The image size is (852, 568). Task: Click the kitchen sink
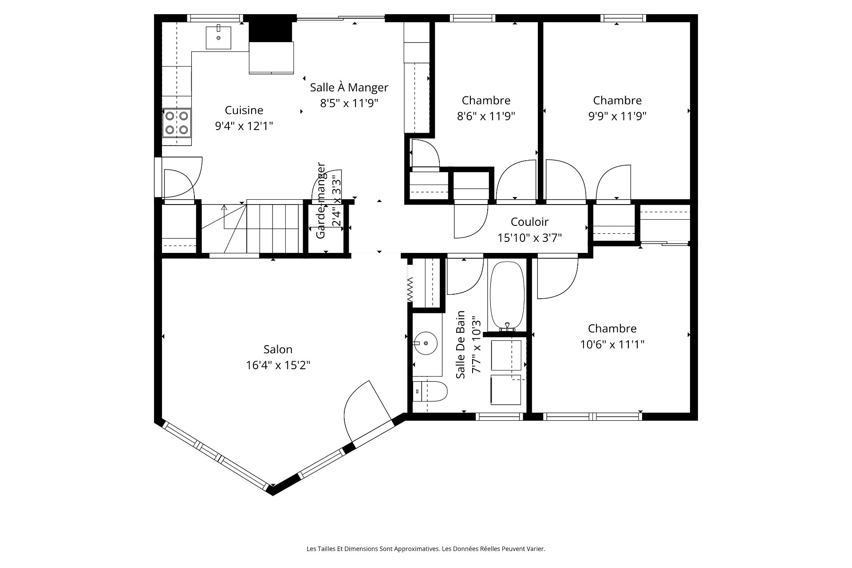[218, 37]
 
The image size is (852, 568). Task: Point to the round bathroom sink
[426, 343]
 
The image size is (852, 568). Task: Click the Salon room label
[278, 349]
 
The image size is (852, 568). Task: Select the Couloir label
[529, 222]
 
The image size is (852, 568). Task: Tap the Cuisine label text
[244, 110]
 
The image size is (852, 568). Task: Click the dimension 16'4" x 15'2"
[278, 365]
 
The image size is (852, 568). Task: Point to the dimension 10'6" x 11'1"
[612, 344]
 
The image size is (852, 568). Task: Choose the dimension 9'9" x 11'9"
[617, 116]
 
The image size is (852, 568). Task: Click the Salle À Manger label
[349, 87]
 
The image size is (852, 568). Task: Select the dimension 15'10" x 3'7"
[529, 238]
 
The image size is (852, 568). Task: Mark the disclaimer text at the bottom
[426, 549]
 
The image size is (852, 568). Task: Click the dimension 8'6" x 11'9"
[486, 116]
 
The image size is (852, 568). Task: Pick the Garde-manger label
[321, 201]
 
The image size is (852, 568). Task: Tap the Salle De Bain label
[461, 344]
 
